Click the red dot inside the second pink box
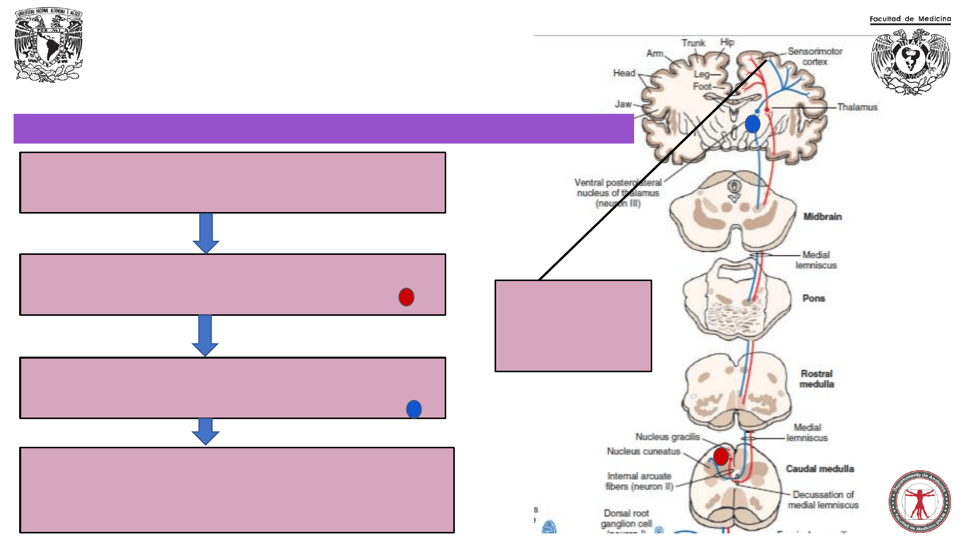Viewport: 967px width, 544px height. (406, 297)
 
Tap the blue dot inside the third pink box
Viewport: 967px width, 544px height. (414, 409)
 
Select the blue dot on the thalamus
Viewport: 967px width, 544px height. (752, 124)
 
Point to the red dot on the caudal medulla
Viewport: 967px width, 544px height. (721, 456)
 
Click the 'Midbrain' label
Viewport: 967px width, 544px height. (822, 217)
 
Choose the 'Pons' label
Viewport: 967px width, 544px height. (813, 298)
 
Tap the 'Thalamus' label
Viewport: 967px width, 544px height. (857, 107)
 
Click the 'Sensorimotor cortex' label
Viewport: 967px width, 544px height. (815, 56)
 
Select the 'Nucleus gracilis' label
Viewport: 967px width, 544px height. (667, 437)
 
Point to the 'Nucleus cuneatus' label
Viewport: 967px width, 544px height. (643, 451)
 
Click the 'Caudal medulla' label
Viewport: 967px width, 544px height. (820, 469)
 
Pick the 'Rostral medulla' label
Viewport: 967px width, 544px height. (816, 379)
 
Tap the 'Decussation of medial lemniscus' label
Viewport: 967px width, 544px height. (823, 500)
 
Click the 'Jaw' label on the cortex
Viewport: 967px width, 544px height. (623, 104)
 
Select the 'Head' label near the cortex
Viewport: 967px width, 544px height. (624, 73)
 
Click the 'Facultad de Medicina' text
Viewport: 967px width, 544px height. (910, 19)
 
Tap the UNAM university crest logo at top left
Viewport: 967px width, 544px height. (48, 44)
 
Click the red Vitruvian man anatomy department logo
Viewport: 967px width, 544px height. (920, 501)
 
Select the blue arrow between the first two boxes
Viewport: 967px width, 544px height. (206, 233)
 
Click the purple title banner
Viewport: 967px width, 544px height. (323, 128)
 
